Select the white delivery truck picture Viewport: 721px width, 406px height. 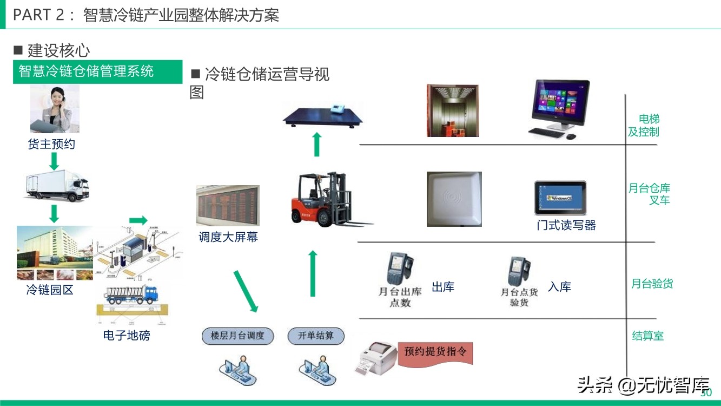tap(56, 185)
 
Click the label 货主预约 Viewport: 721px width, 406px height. tap(51, 145)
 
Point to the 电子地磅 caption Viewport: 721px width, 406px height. tap(127, 336)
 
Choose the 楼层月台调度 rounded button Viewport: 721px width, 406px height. tap(237, 336)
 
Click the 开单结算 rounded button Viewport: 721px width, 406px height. tap(316, 336)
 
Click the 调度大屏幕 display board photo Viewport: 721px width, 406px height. tap(228, 206)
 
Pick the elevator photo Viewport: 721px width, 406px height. tap(452, 110)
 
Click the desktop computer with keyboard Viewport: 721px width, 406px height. tap(557, 108)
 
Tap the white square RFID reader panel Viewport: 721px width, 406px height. tap(454, 199)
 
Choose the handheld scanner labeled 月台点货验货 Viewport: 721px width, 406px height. tap(518, 271)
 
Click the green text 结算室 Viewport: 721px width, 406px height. tap(647, 336)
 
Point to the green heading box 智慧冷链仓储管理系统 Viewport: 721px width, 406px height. tap(97, 72)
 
